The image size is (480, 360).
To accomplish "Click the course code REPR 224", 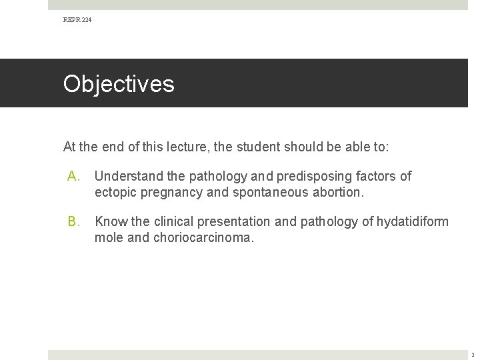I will point(77,21).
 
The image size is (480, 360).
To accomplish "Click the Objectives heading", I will point(119,84).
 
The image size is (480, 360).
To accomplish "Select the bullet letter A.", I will point(73,176).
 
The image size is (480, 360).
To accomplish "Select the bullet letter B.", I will point(73,221).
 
